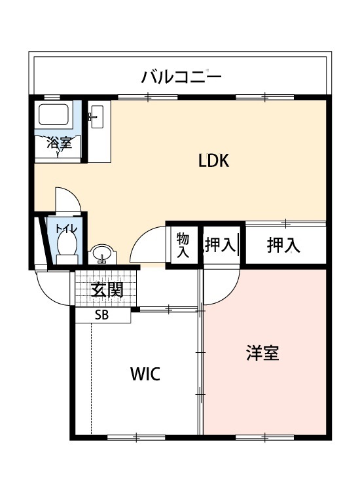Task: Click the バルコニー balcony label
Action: (x=181, y=77)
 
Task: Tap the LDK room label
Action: (x=214, y=160)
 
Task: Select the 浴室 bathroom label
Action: (x=59, y=143)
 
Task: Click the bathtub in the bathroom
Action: (x=54, y=115)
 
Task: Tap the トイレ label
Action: (x=66, y=228)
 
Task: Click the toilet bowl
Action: (x=67, y=245)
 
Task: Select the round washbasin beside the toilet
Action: (x=101, y=253)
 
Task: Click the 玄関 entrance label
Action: (x=107, y=289)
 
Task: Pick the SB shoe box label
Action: (x=101, y=315)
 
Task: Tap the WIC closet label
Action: (x=145, y=374)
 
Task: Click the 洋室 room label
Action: (x=262, y=353)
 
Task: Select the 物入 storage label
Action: (x=183, y=245)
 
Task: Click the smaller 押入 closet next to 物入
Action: (x=221, y=245)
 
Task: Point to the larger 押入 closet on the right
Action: (x=283, y=245)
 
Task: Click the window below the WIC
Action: (x=137, y=437)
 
